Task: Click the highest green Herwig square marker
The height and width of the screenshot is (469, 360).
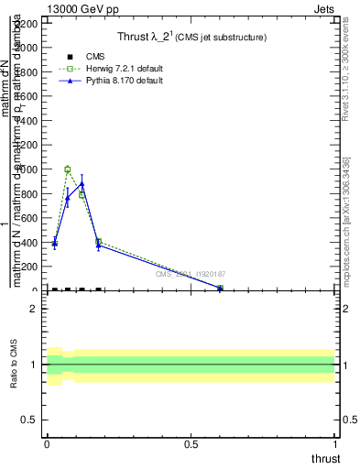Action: [68, 169]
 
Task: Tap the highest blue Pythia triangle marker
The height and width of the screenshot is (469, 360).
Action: [82, 184]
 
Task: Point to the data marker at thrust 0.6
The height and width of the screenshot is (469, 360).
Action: [220, 289]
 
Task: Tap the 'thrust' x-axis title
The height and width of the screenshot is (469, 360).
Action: [324, 458]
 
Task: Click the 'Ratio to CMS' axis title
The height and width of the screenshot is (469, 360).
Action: [15, 365]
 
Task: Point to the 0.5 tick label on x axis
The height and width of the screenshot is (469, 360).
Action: [191, 444]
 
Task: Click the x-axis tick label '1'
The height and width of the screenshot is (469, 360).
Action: [337, 444]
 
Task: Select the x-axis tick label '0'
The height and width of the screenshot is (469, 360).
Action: [47, 444]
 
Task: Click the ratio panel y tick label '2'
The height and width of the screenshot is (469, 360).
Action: [34, 309]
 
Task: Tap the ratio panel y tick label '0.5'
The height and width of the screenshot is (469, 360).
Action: [30, 420]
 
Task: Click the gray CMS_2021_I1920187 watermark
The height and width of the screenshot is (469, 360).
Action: [190, 274]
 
